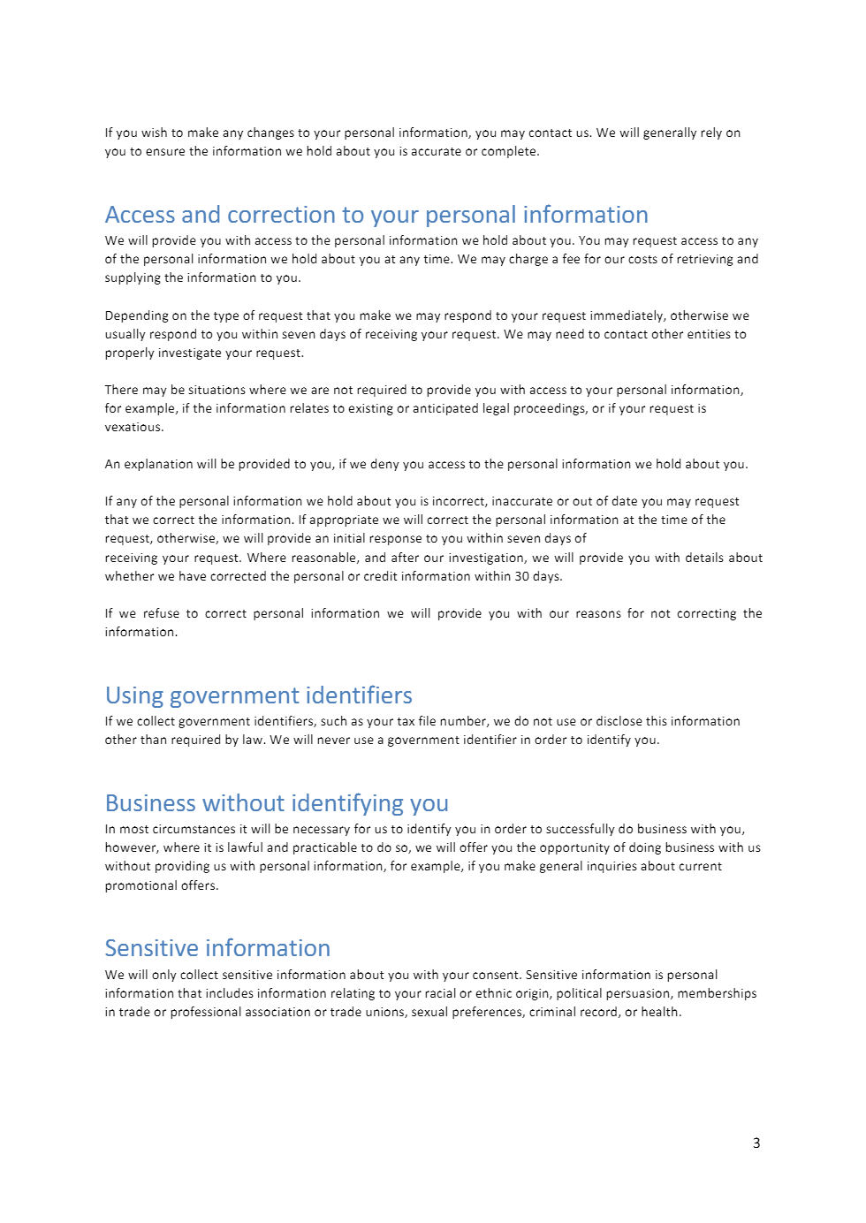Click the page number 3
(756, 1143)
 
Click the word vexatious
(133, 427)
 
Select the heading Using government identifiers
(258, 695)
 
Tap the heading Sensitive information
(217, 948)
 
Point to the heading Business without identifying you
(277, 803)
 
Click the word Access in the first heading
(140, 215)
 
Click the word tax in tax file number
(406, 721)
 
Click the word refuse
(161, 613)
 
